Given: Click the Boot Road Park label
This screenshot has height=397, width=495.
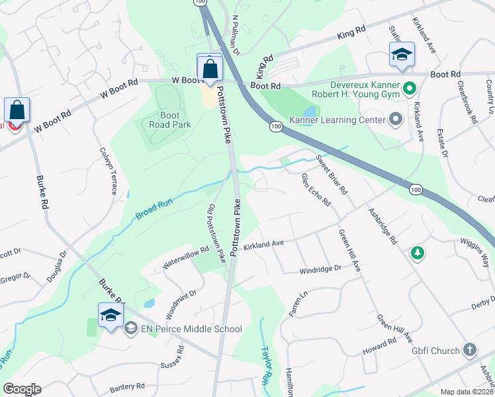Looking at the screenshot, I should (169, 120).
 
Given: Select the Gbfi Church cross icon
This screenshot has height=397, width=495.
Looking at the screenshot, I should (469, 349).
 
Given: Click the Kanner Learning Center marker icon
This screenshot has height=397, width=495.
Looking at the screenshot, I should (396, 120).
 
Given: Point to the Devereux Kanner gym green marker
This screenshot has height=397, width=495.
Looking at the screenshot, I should (409, 87).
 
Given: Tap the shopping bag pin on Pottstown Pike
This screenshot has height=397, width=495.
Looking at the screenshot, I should (210, 69).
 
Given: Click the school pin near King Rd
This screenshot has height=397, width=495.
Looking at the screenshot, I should (402, 56).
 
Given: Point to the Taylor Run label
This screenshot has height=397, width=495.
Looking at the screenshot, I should (266, 361).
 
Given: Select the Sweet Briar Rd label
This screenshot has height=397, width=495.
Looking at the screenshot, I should (332, 174).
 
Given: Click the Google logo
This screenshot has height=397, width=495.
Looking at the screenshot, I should (21, 389).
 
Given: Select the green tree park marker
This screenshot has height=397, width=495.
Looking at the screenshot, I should (417, 253).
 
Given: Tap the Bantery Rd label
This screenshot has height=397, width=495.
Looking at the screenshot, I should (128, 386).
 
